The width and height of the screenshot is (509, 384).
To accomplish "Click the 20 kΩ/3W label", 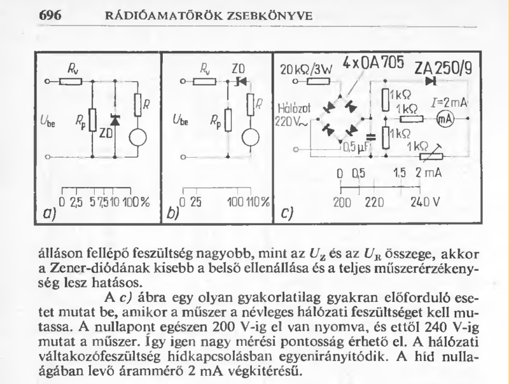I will pos(303,69).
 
